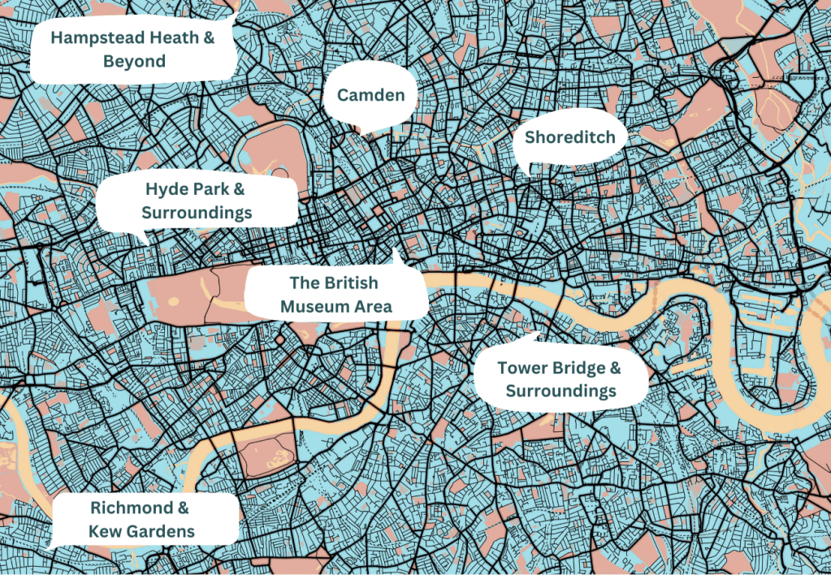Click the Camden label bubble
370,96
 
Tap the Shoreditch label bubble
569,137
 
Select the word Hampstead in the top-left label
93,37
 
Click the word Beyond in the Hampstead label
134,62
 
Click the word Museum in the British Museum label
303,306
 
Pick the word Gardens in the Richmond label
163,532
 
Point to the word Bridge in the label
576,368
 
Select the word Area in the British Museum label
374,306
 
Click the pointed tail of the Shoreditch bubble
529,172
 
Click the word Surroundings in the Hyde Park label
197,214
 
